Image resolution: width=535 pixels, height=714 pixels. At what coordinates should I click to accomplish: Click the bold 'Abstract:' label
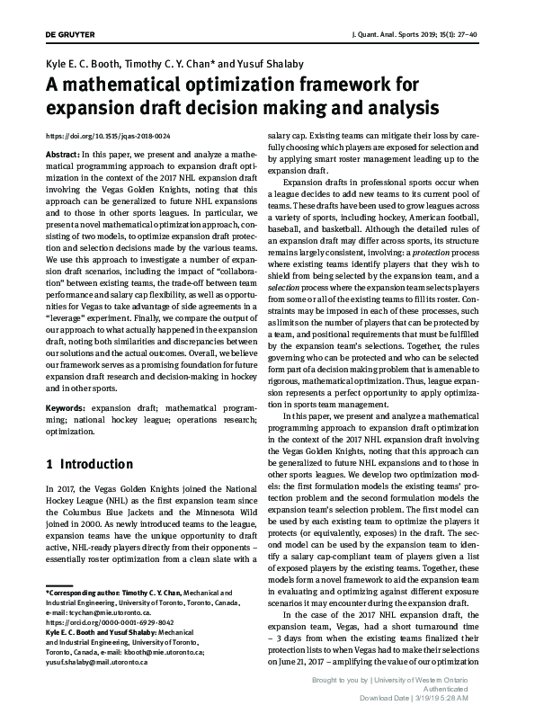point(61,154)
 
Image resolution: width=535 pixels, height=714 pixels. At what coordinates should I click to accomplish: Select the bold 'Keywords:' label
point(66,407)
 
